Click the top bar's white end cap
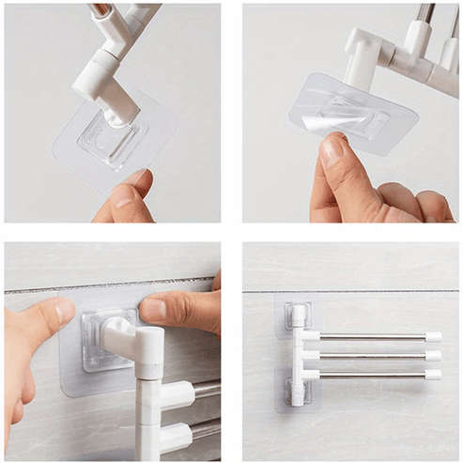(433, 336)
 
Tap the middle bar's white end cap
(433, 356)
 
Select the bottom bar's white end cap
(433, 375)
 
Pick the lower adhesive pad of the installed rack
(295, 389)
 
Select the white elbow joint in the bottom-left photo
(131, 339)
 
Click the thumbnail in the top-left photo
(135, 177)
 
